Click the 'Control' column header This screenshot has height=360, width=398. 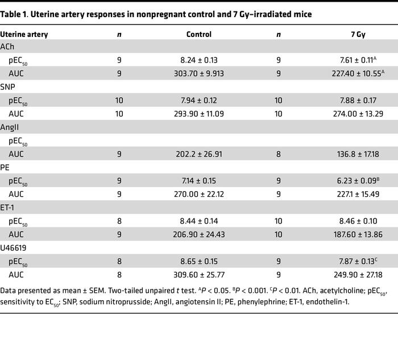(199, 35)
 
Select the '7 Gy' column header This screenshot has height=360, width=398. (358, 35)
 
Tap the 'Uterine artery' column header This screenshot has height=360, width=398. (24, 35)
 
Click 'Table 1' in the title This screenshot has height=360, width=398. (15, 14)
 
